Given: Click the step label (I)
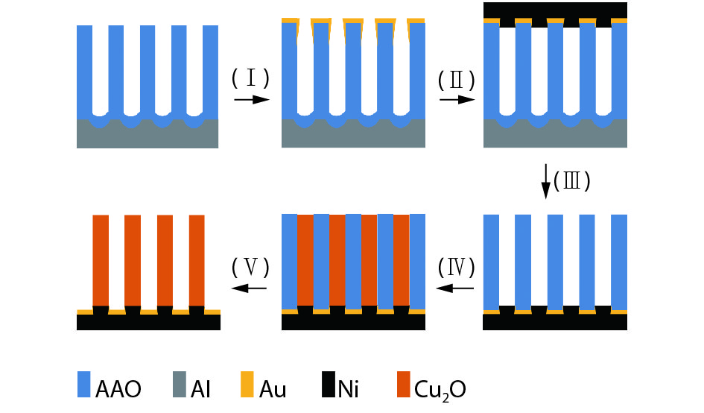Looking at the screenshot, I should point(250,78).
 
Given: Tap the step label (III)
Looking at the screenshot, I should point(573,181).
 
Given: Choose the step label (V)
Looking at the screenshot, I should point(250,265).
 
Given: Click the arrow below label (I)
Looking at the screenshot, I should point(251,99).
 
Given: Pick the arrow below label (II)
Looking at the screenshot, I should point(457,99).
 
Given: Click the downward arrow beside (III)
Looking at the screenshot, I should point(546,181).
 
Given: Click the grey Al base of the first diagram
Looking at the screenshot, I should point(148,137).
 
